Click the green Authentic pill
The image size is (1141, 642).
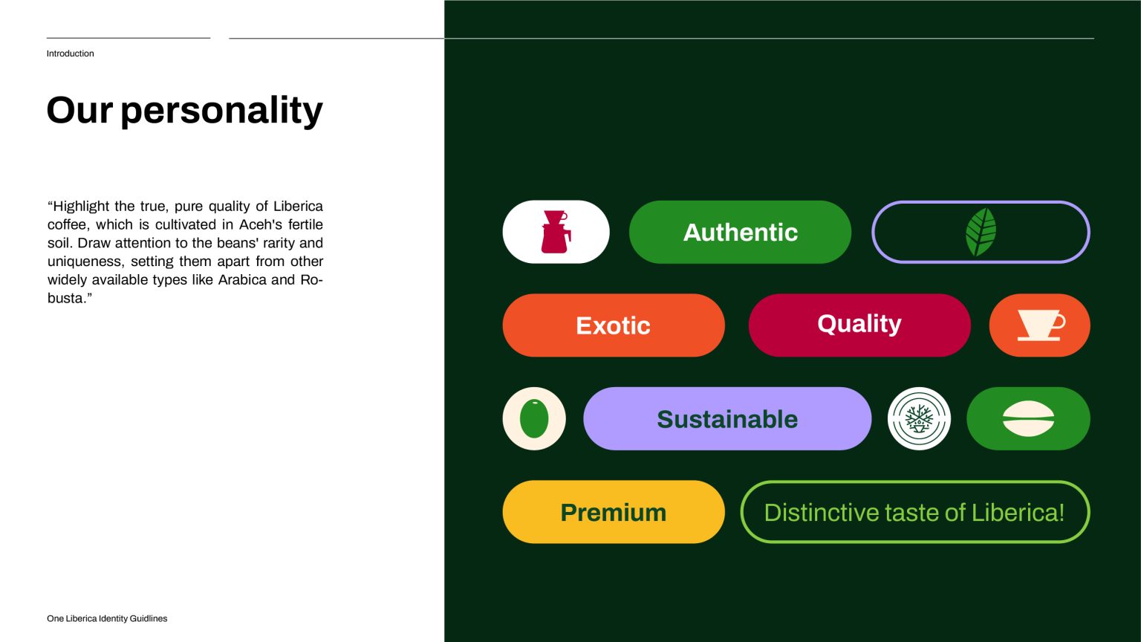pyautogui.click(x=740, y=232)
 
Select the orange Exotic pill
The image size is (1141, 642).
pyautogui.click(x=614, y=325)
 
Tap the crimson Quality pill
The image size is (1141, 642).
pyautogui.click(x=859, y=325)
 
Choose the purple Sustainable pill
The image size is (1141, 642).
pyautogui.click(x=727, y=418)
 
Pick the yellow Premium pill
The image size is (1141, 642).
pyautogui.click(x=614, y=511)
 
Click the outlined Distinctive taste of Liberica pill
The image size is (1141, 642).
pyautogui.click(x=915, y=511)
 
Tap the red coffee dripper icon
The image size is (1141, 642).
pyautogui.click(x=555, y=231)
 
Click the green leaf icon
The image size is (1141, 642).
pyautogui.click(x=981, y=232)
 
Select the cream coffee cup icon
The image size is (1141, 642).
pyautogui.click(x=1041, y=325)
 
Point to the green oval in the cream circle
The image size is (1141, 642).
pyautogui.click(x=534, y=418)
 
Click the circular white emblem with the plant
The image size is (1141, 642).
pyautogui.click(x=919, y=418)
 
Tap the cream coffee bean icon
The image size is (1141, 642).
pyautogui.click(x=1028, y=418)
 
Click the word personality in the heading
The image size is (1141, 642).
pyautogui.click(x=221, y=111)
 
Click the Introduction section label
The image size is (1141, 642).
pyautogui.click(x=71, y=53)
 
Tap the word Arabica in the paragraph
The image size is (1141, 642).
pyautogui.click(x=242, y=279)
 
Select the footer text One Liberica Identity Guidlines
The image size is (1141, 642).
pyautogui.click(x=107, y=618)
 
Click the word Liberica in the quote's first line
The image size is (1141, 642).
pyautogui.click(x=298, y=207)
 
